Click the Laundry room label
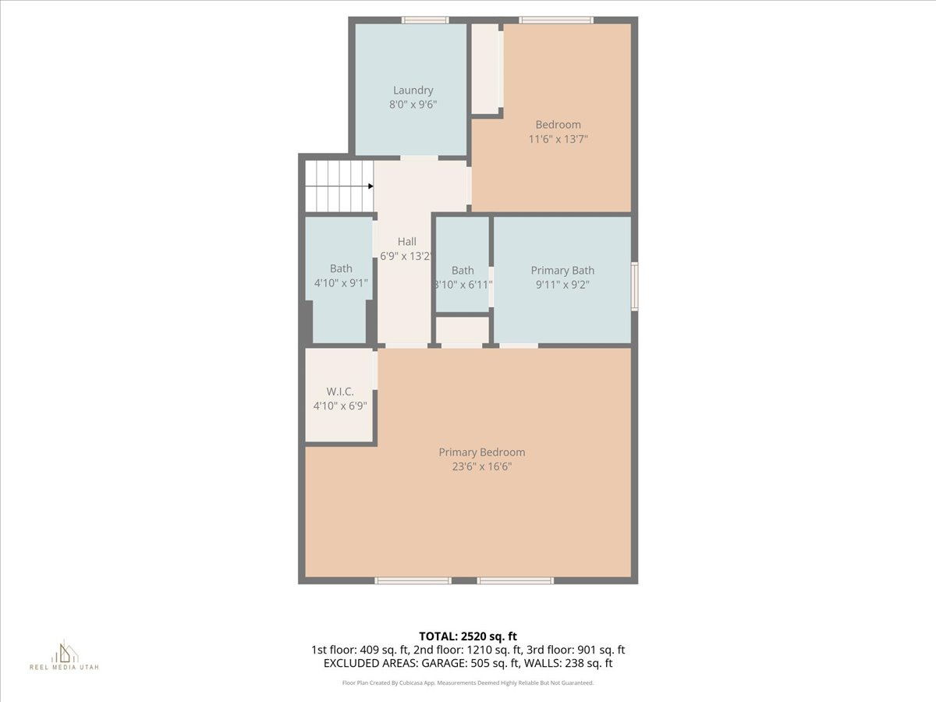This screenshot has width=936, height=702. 413,90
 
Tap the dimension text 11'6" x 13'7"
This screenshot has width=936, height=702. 558,139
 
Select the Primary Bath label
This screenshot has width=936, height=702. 562,271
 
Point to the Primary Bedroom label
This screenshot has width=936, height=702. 481,452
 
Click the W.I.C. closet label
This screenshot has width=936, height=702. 339,392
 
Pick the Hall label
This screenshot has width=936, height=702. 406,242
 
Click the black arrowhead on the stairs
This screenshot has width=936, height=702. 370,186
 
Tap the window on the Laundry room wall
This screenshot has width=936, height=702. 425,20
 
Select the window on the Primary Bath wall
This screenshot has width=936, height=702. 635,287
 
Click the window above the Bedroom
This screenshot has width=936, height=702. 556,20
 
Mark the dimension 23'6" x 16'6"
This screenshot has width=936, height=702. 481,467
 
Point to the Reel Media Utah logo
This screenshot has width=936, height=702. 64,655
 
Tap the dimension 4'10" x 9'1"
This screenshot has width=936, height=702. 341,284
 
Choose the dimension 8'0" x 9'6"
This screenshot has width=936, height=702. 413,105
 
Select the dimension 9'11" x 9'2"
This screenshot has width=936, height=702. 562,285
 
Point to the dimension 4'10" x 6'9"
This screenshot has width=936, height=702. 339,406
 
